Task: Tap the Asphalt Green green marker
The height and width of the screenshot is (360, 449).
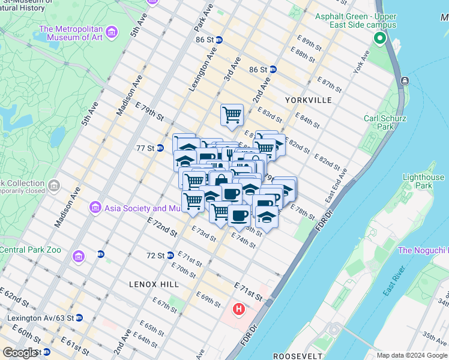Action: click(379, 40)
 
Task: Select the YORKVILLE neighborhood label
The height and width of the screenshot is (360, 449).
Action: click(309, 100)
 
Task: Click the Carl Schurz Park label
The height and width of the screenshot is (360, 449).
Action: click(379, 122)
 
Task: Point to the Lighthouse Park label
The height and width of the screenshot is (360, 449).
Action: click(423, 181)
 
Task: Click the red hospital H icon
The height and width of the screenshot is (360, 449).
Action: click(239, 310)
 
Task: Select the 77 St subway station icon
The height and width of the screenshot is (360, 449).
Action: click(160, 148)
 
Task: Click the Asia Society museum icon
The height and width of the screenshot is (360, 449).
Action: click(95, 208)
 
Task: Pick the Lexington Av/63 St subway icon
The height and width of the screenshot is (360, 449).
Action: click(79, 317)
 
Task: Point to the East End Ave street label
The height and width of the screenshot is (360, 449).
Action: click(336, 186)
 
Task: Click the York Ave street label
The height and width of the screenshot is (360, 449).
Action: click(362, 62)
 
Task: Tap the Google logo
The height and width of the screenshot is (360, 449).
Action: click(20, 353)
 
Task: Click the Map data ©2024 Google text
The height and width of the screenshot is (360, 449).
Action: click(411, 355)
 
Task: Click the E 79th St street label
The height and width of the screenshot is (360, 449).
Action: click(149, 111)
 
